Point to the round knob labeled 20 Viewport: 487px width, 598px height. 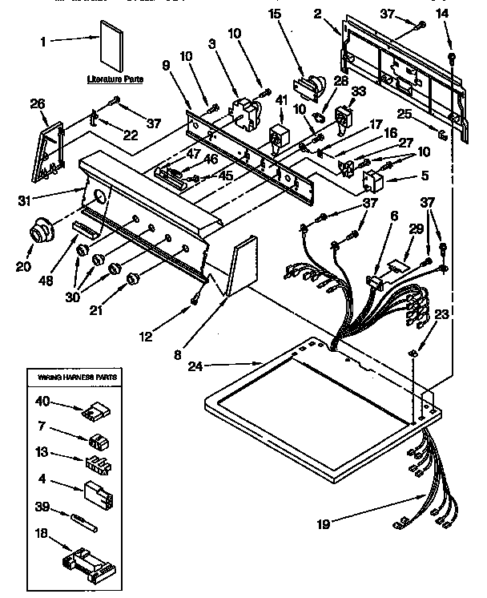(37, 233)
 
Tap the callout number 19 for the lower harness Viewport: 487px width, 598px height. (322, 525)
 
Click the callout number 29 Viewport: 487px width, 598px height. (416, 230)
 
